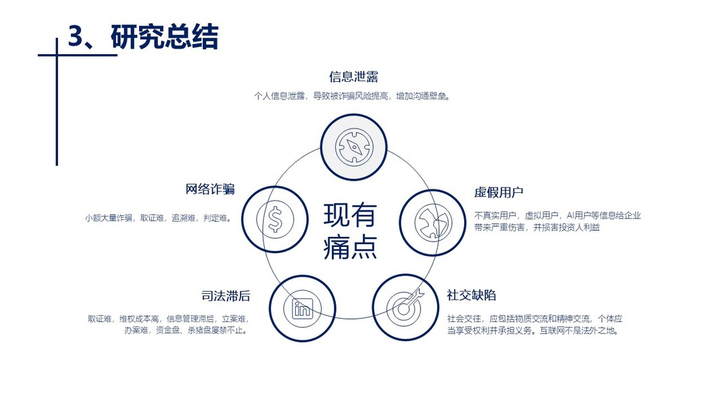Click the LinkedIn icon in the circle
pyautogui.click(x=302, y=308)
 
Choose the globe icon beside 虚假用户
pyautogui.click(x=432, y=222)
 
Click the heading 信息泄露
pyautogui.click(x=353, y=76)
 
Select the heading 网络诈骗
pyautogui.click(x=210, y=189)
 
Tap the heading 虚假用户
pyautogui.click(x=499, y=193)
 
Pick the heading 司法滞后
pyautogui.click(x=226, y=296)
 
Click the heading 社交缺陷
pyautogui.click(x=472, y=295)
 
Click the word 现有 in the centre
pyautogui.click(x=349, y=215)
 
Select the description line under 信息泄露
pyautogui.click(x=351, y=96)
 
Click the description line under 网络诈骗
pyautogui.click(x=157, y=218)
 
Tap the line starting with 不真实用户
pyautogui.click(x=557, y=215)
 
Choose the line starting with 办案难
pyautogui.click(x=186, y=331)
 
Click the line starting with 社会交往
pyautogui.click(x=534, y=318)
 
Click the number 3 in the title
pyautogui.click(x=75, y=37)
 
